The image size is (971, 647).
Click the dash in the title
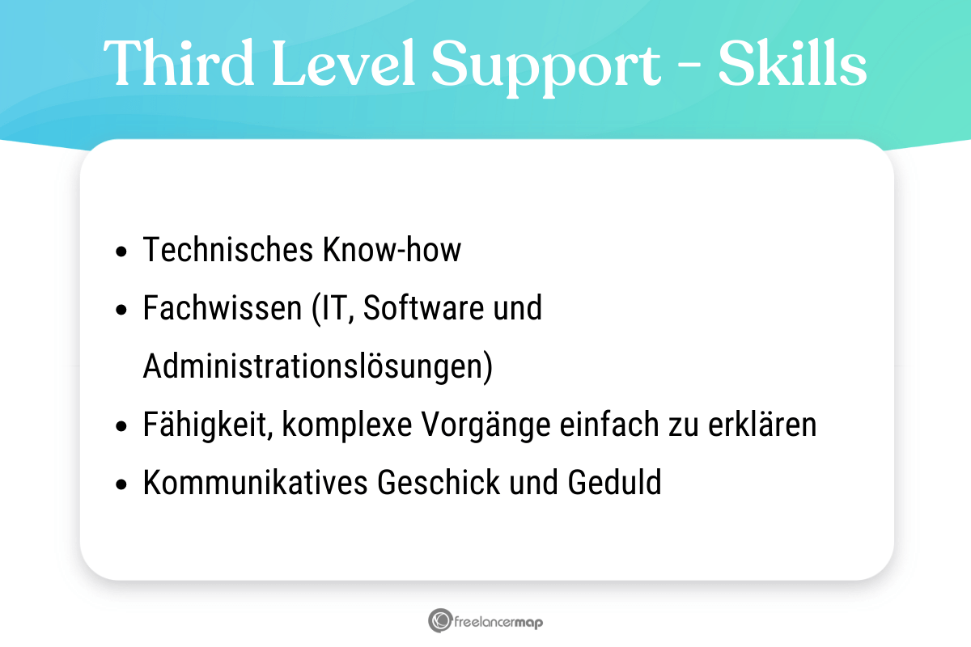[689, 65]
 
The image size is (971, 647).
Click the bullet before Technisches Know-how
[121, 252]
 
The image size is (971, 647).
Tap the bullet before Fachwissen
[121, 311]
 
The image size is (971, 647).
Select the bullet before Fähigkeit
[121, 427]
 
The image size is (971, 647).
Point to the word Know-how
[392, 251]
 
